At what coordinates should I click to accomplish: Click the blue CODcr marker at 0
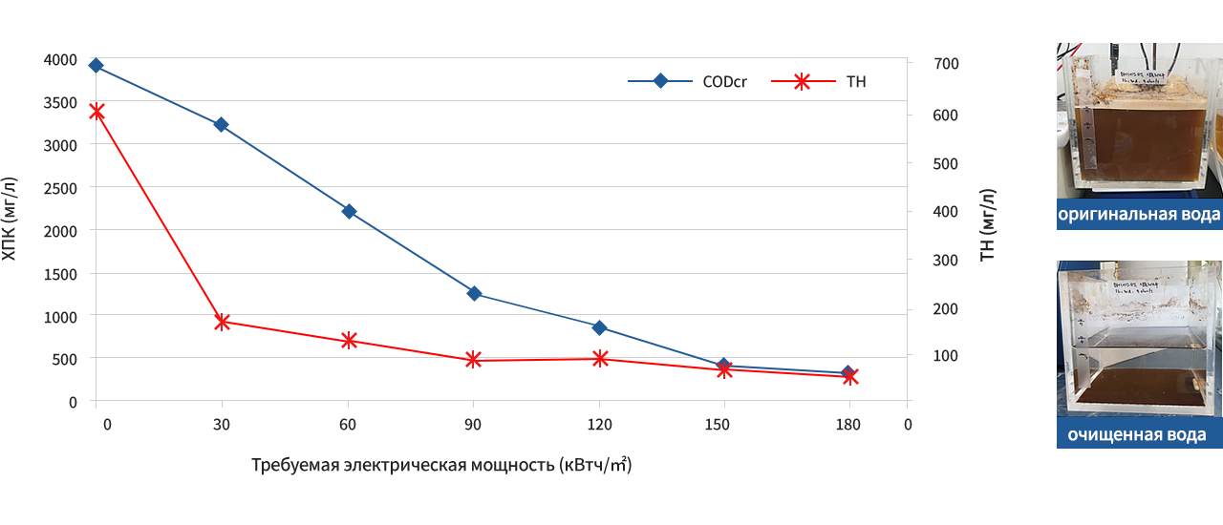[x=96, y=66]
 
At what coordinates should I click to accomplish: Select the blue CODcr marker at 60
[x=349, y=211]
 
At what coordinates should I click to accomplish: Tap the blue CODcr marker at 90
[x=474, y=293]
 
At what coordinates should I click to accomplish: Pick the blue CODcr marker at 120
[x=600, y=327]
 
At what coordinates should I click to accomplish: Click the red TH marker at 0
[x=97, y=112]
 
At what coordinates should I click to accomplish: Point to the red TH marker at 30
[x=222, y=322]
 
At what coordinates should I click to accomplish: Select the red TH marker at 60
[x=349, y=340]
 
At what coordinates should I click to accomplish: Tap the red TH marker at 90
[x=474, y=360]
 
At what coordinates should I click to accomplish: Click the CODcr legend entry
[x=688, y=82]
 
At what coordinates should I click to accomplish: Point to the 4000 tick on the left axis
[x=60, y=60]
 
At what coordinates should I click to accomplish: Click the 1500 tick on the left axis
[x=60, y=275]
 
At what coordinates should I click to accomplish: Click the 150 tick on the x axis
[x=724, y=425]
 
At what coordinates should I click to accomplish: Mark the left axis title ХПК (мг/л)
[x=10, y=219]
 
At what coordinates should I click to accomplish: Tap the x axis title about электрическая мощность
[x=441, y=466]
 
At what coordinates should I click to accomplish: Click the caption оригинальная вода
[x=1139, y=215]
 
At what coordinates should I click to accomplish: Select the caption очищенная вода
[x=1137, y=435]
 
